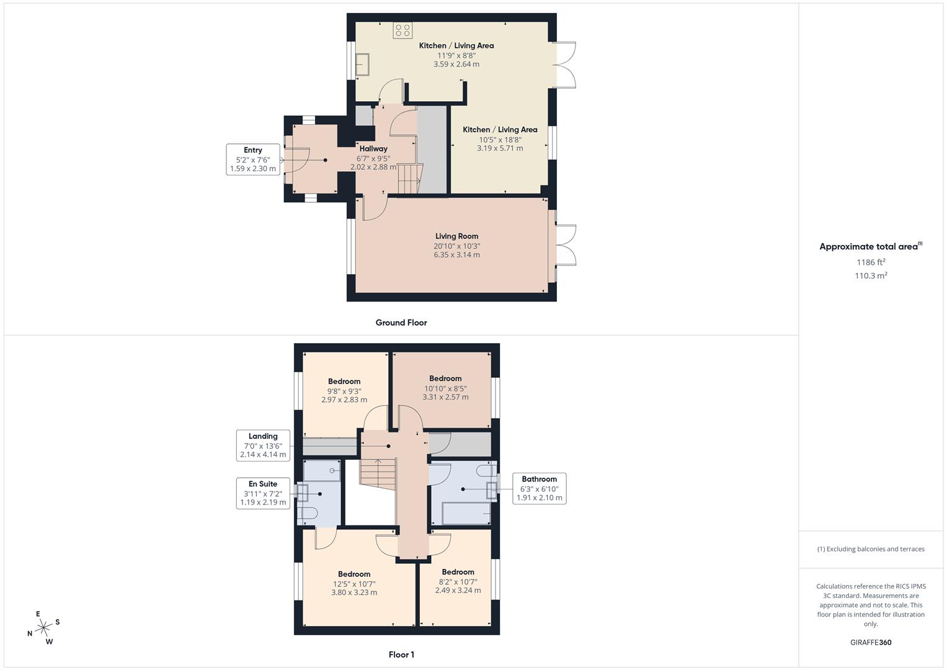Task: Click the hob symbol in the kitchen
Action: point(402,30)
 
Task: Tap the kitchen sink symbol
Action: point(362,65)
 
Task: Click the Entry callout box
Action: point(253,159)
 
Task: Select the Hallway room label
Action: point(373,149)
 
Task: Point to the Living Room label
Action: point(456,236)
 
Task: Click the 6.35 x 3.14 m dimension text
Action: point(456,255)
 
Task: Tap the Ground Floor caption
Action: point(401,323)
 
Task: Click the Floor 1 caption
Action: point(401,654)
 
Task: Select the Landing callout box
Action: point(263,445)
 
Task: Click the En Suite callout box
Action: point(263,493)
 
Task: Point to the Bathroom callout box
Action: point(539,488)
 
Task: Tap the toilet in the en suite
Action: point(308,512)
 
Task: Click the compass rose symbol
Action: point(43,628)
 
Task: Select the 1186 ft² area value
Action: point(871,262)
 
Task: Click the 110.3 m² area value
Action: point(871,276)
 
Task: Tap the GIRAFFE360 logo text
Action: point(871,643)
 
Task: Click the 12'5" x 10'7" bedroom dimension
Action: point(354,584)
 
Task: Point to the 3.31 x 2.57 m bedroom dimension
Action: point(445,397)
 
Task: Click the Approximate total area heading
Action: point(870,247)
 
